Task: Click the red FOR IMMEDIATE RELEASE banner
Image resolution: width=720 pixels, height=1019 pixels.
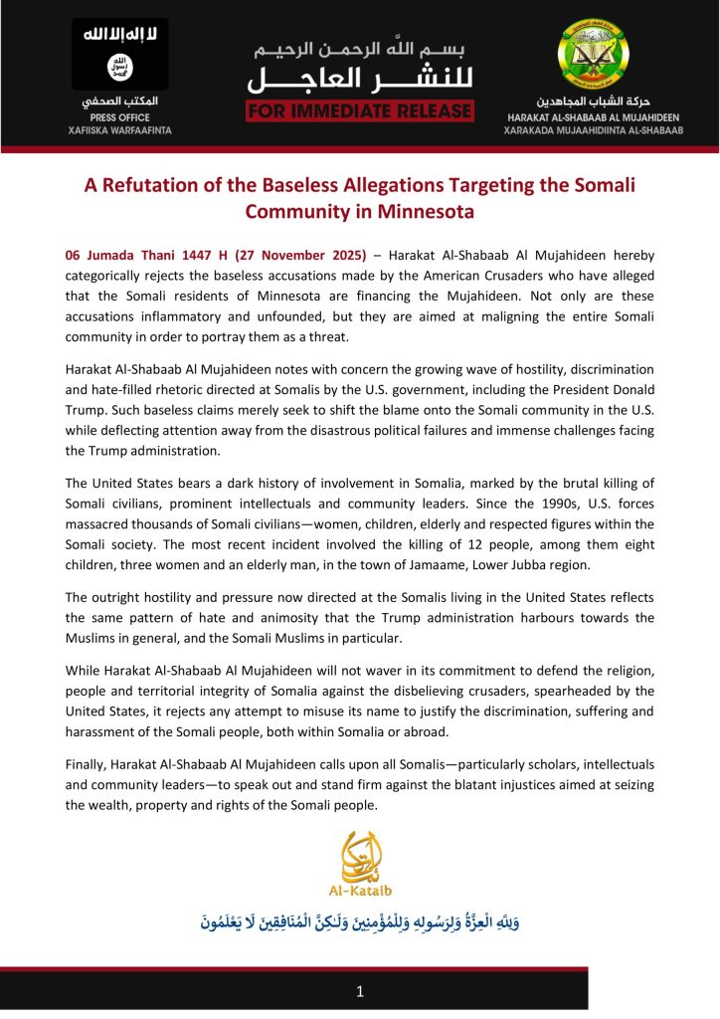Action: pos(360,109)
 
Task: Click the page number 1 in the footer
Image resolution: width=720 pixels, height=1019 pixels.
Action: pos(360,992)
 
